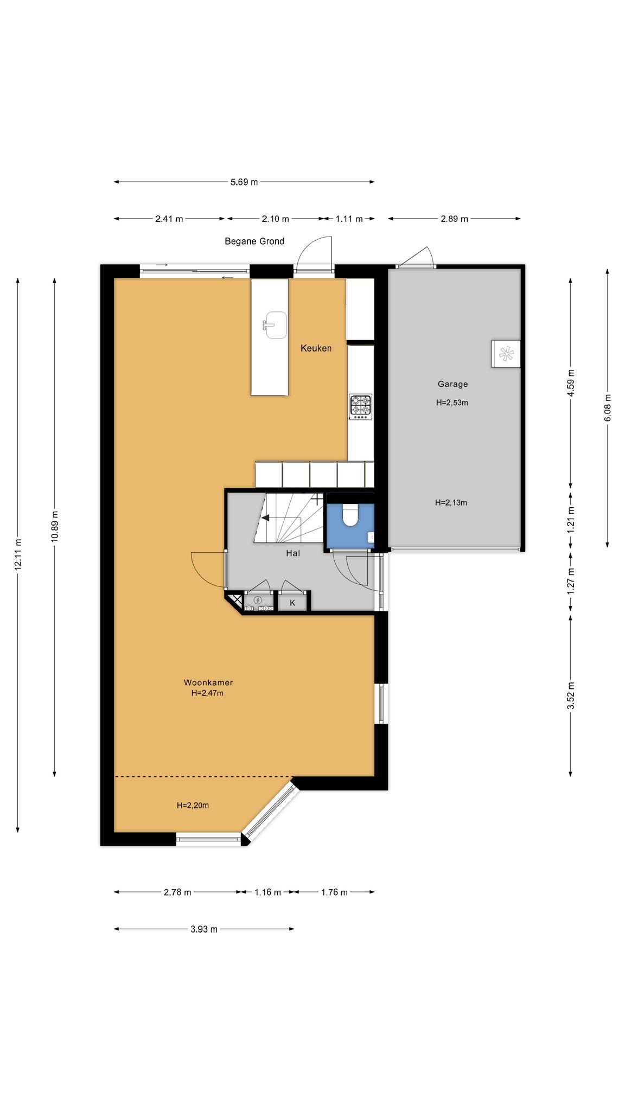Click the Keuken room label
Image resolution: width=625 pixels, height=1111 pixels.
click(x=316, y=348)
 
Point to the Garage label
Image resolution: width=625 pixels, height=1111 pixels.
click(x=452, y=384)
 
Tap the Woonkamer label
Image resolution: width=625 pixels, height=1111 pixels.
click(x=208, y=682)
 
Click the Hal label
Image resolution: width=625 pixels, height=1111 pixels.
click(x=293, y=553)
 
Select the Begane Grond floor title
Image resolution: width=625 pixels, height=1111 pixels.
click(x=254, y=241)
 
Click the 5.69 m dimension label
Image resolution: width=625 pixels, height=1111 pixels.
click(x=244, y=182)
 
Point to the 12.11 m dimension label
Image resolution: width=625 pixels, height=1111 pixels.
click(x=18, y=554)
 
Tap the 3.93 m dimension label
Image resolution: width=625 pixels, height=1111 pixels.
click(x=204, y=929)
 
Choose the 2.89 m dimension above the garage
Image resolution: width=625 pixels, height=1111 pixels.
click(x=454, y=219)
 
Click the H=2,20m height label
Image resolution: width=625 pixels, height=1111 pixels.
click(x=193, y=806)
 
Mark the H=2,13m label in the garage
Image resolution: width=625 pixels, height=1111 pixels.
click(x=451, y=502)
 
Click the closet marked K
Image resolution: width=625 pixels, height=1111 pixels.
click(x=292, y=603)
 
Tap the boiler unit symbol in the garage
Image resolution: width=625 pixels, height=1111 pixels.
click(x=506, y=354)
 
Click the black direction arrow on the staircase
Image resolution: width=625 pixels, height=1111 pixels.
click(x=265, y=518)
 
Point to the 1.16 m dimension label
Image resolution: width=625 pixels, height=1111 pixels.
click(x=268, y=892)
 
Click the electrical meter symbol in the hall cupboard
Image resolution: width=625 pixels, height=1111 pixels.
click(x=258, y=600)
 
